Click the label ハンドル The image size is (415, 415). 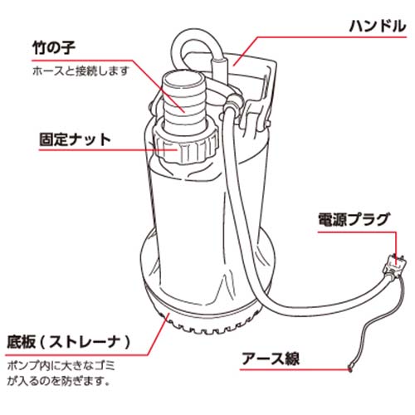click(378, 27)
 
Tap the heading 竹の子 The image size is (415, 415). click(54, 48)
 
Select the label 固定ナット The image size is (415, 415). click(75, 139)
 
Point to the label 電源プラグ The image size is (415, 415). click(354, 220)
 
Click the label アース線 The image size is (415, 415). click(271, 359)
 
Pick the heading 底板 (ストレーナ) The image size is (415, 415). click(68, 343)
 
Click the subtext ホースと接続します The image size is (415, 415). click(81, 71)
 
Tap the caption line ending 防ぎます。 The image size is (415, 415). click(58, 382)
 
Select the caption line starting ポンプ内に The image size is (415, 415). click(61, 366)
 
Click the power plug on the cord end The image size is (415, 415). click(395, 267)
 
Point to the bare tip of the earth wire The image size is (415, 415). click(350, 369)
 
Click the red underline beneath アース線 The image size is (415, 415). click(295, 369)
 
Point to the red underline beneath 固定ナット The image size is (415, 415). click(108, 150)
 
